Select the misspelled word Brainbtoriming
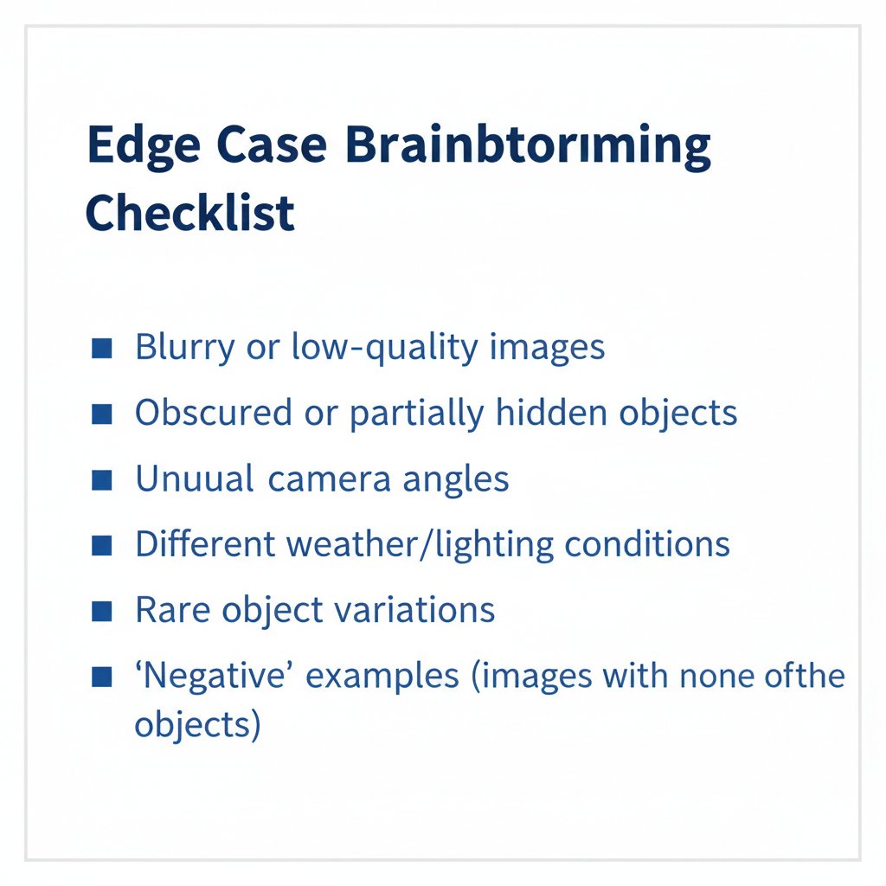coord(528,149)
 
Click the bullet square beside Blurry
coord(101,348)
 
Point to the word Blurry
coord(185,348)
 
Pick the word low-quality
coord(385,348)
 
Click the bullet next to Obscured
coord(101,414)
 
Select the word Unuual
coord(194,479)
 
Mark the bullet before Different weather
coord(101,545)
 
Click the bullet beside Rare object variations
coord(101,611)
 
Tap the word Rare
coord(170,611)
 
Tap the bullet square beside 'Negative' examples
coord(101,675)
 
